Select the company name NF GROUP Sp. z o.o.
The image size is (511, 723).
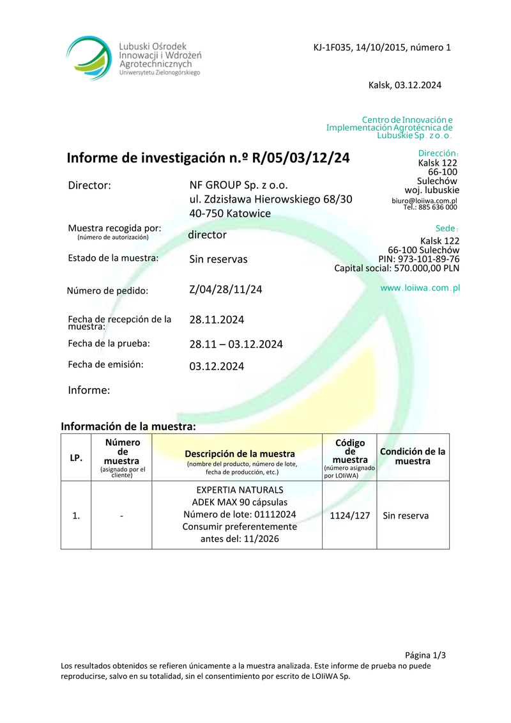(x=238, y=185)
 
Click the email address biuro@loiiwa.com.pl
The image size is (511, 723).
(x=424, y=200)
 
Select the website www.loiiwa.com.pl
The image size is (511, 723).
(x=420, y=288)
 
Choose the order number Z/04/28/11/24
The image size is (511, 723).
(x=225, y=290)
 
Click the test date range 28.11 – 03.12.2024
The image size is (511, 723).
(x=236, y=344)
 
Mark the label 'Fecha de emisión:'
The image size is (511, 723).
(x=105, y=364)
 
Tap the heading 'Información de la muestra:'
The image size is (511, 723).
(x=128, y=426)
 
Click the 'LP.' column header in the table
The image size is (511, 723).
(x=76, y=458)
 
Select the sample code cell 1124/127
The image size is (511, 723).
(x=349, y=516)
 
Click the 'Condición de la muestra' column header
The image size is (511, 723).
(x=413, y=456)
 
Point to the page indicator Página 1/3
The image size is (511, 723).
(x=425, y=655)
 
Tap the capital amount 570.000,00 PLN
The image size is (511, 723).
(x=425, y=268)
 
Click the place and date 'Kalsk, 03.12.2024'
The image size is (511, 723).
(x=405, y=85)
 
